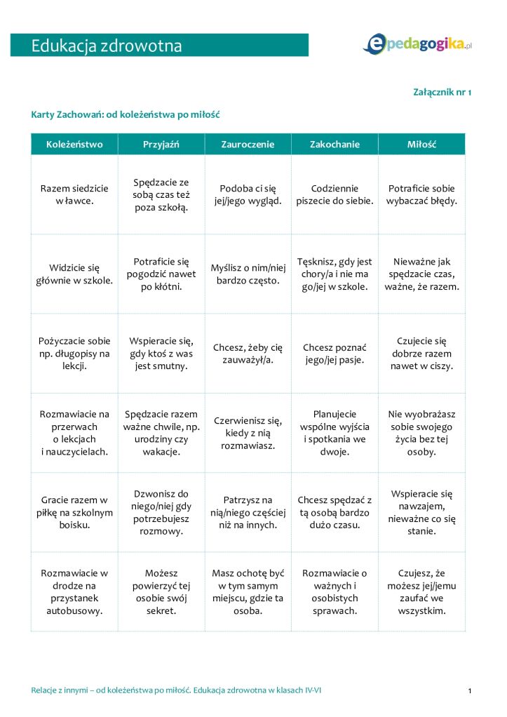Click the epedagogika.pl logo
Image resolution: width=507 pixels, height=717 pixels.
click(x=417, y=44)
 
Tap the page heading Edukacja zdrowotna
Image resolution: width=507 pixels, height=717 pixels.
click(x=107, y=46)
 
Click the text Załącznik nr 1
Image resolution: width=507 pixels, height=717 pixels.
click(x=443, y=92)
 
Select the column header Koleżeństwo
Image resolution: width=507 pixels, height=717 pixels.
click(x=74, y=145)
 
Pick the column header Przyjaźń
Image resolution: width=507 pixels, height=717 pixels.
click(x=161, y=145)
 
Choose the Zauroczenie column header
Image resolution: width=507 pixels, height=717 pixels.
click(x=248, y=145)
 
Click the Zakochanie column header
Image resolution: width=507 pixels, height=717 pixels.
click(x=334, y=145)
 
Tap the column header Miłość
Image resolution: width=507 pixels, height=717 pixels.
click(x=421, y=145)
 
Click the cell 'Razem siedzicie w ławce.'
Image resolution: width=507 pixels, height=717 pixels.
click(x=74, y=194)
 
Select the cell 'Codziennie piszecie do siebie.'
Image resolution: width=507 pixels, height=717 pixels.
click(x=334, y=194)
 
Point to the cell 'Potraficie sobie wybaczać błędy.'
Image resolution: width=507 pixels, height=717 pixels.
click(x=421, y=194)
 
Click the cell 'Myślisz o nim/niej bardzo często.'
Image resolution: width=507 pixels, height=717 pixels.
click(x=248, y=274)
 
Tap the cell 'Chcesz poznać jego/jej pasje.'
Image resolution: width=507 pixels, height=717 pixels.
click(x=334, y=354)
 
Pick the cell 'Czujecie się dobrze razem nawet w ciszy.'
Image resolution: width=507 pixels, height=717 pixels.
click(x=421, y=354)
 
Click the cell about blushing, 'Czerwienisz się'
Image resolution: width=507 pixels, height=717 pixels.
click(x=248, y=433)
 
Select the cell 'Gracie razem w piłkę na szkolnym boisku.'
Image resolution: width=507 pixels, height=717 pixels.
click(x=74, y=512)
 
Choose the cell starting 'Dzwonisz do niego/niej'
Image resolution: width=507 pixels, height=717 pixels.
click(x=161, y=512)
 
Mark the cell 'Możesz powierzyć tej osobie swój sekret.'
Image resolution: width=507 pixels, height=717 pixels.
click(x=161, y=591)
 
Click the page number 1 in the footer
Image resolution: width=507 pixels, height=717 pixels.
click(x=469, y=691)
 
